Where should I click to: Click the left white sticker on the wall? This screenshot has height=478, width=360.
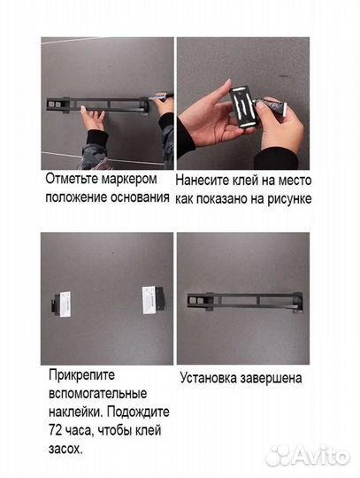65,301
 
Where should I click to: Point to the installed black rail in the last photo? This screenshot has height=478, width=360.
243,300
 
